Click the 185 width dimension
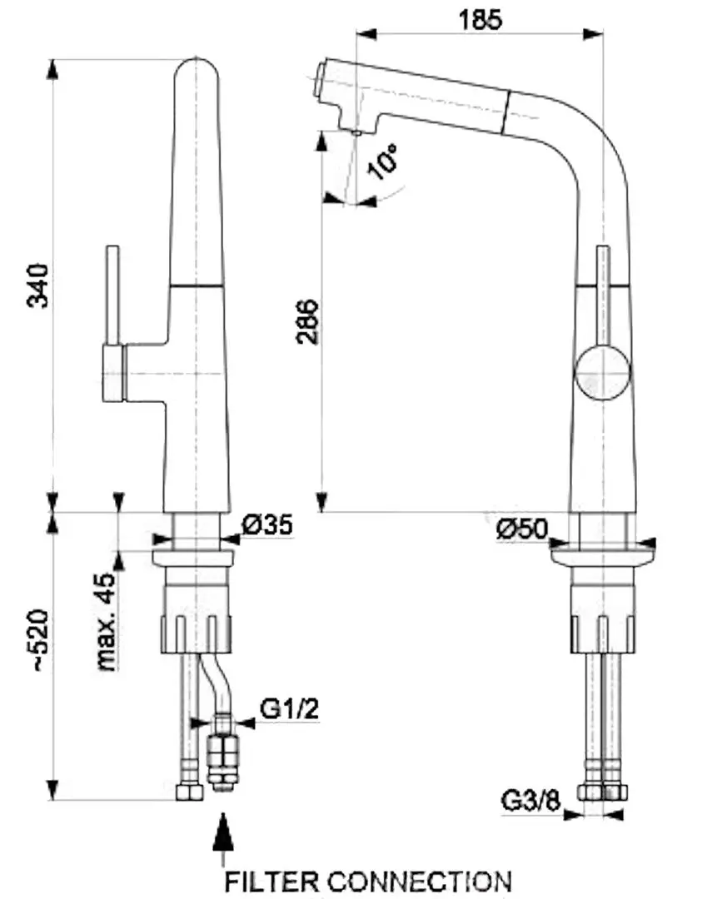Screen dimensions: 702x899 (480, 20)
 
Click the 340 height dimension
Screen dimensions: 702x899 (38, 286)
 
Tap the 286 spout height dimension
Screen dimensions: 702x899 (307, 321)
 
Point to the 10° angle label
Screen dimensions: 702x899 (383, 161)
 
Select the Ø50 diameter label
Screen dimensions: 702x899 (522, 529)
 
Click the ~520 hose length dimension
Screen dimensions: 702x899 (40, 641)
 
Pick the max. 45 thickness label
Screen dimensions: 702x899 (106, 621)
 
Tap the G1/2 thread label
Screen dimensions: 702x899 (289, 708)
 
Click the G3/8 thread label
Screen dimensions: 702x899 (530, 801)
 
